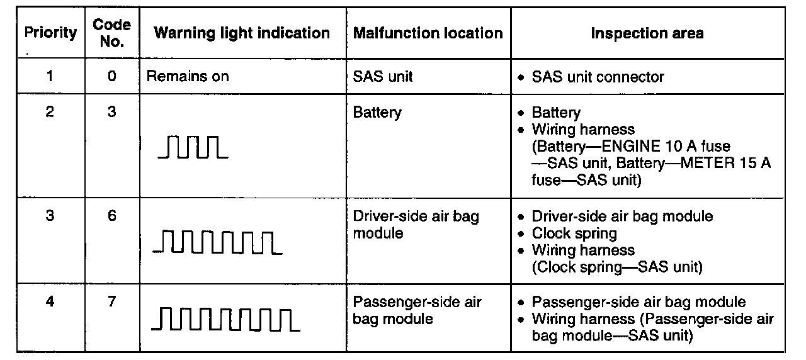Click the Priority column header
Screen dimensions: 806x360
pyautogui.click(x=50, y=33)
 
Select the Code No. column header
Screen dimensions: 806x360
pyautogui.click(x=111, y=33)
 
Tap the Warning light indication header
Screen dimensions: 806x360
pyautogui.click(x=242, y=33)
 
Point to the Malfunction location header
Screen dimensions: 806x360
pyautogui.click(x=428, y=33)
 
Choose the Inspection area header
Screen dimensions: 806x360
pyautogui.click(x=647, y=33)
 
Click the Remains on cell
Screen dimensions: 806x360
pyautogui.click(x=188, y=77)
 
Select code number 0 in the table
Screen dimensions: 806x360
pyautogui.click(x=111, y=77)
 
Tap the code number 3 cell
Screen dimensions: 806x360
pyautogui.click(x=111, y=113)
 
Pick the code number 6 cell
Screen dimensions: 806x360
pyautogui.click(x=111, y=216)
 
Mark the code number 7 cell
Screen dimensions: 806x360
pyautogui.click(x=111, y=301)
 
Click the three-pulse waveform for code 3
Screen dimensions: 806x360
pyautogui.click(x=192, y=147)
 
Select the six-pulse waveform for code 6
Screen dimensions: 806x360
pyautogui.click(x=217, y=242)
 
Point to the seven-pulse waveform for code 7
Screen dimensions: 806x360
pyautogui.click(x=225, y=319)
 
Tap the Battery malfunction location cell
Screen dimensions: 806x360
pyautogui.click(x=377, y=113)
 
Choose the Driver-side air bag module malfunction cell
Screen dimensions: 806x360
pyautogui.click(x=416, y=224)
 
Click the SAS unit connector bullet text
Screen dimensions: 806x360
pyautogui.click(x=598, y=77)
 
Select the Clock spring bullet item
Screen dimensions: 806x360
pyautogui.click(x=574, y=233)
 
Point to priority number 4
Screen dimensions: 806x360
pyautogui.click(x=50, y=301)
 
